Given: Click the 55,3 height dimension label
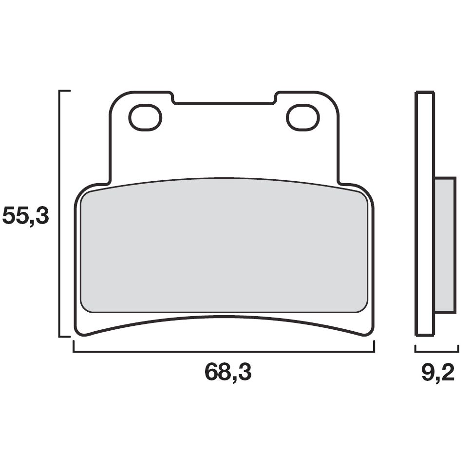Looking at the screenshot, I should click(26, 216).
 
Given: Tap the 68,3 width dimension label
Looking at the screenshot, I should click(227, 373).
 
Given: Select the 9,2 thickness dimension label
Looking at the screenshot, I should click(437, 373).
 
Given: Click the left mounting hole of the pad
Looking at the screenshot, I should click(145, 117).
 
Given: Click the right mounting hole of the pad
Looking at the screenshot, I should click(302, 117).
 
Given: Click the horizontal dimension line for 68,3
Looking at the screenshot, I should click(224, 351).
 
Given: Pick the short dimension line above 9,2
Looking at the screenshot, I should click(436, 350).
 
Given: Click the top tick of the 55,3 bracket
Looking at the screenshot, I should click(65, 91).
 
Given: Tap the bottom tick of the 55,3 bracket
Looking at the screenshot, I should click(65, 336).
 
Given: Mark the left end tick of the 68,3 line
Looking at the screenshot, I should click(74, 346).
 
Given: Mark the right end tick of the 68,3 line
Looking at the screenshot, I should click(374, 346).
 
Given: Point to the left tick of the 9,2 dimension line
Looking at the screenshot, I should click(415, 348).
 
